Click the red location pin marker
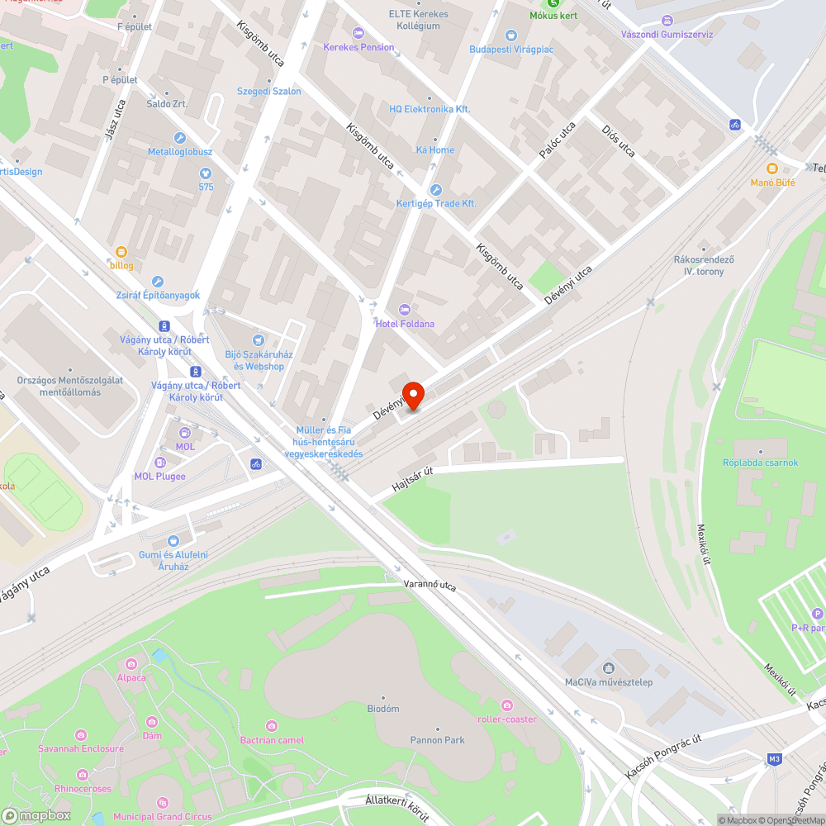(412, 395)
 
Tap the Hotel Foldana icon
(404, 309)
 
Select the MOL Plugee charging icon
(159, 463)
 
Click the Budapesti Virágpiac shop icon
(510, 35)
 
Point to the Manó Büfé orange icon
(772, 169)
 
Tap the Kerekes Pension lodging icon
(358, 33)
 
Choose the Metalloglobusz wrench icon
(179, 138)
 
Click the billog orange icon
(121, 251)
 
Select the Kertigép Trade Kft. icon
(436, 190)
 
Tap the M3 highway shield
(774, 759)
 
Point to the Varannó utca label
(430, 585)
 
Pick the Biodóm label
(383, 709)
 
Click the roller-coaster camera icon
(506, 705)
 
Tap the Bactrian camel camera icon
(272, 725)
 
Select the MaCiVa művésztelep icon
(609, 667)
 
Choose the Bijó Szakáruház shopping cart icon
(259, 340)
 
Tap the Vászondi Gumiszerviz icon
(667, 21)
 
